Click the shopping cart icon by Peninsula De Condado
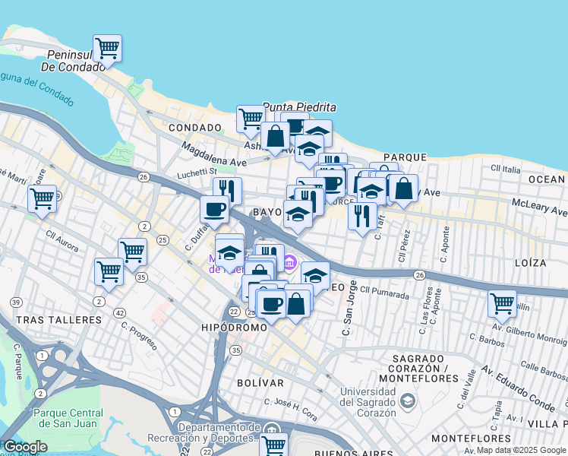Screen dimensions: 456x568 107,48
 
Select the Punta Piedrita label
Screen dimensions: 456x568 288,107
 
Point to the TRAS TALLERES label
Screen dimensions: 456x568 58,320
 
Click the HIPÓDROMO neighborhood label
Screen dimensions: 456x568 234,327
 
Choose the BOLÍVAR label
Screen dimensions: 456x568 260,382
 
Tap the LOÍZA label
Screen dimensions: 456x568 529,263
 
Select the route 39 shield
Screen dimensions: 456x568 16,302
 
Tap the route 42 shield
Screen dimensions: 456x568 119,312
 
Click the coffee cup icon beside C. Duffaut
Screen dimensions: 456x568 213,209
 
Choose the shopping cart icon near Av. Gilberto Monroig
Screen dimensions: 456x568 502,304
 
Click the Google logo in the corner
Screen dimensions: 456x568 25,447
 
